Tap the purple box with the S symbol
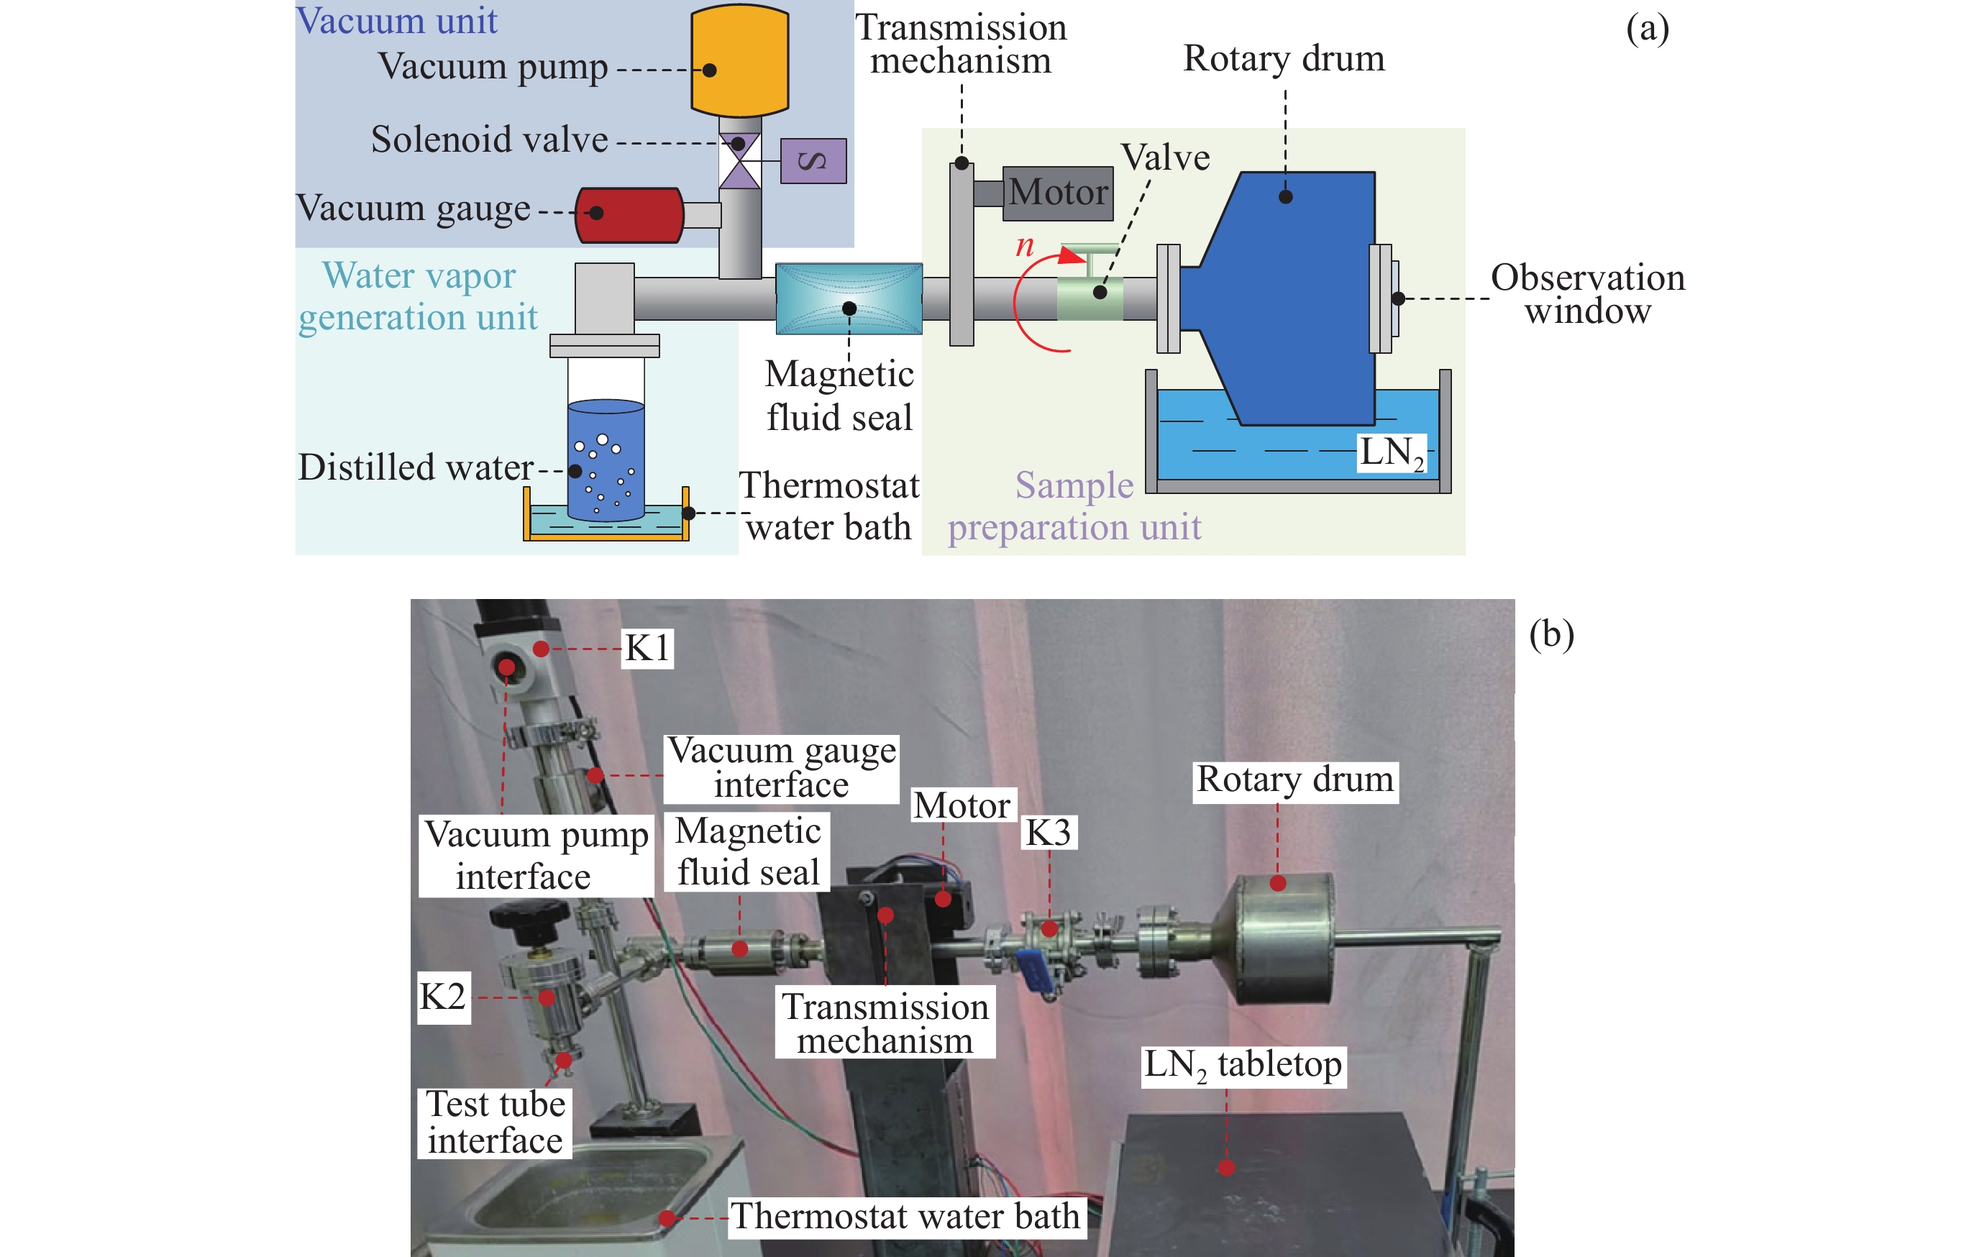(813, 160)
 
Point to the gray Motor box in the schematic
(1058, 193)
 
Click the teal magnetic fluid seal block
(849, 298)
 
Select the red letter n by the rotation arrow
(1024, 245)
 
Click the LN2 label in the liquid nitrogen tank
(1391, 454)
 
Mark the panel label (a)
(1647, 29)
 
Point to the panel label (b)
(1551, 635)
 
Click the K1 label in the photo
(647, 648)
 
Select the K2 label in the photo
(443, 997)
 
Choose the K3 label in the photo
(1049, 833)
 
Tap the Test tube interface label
(495, 1122)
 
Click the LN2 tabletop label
(1243, 1066)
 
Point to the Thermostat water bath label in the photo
(905, 1217)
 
